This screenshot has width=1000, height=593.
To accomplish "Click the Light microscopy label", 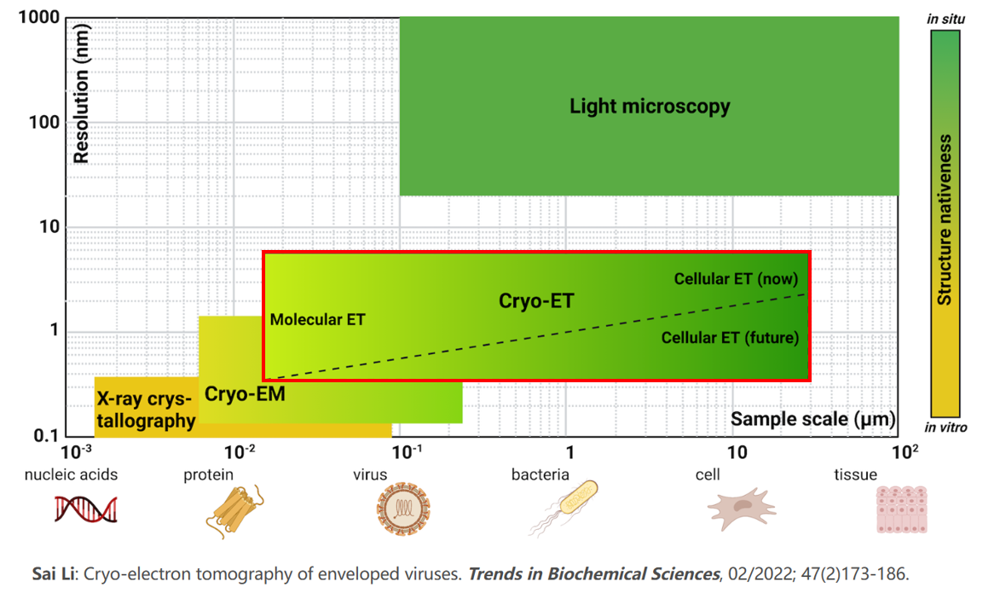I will point(650,107).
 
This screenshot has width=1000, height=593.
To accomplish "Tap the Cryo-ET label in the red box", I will point(536,301).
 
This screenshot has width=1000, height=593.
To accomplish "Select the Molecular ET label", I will point(317,320).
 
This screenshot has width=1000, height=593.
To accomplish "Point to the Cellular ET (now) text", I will point(736,279).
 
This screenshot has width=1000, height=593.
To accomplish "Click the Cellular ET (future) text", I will point(730,338).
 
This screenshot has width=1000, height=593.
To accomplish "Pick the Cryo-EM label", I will point(245,394).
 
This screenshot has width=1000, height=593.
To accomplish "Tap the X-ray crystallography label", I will point(146,410).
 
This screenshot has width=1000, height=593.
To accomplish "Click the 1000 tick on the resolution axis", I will point(39,18).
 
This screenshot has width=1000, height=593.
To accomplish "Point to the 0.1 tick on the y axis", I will point(44,436).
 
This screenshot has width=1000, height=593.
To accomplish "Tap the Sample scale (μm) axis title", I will point(813,419).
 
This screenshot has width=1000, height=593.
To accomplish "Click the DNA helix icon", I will point(86,509).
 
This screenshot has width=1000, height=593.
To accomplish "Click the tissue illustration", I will point(900,509).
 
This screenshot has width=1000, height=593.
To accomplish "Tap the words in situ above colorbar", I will point(945,19).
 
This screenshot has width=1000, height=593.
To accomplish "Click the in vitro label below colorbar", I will point(945,427).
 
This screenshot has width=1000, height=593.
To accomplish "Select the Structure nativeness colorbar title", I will point(945,219).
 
